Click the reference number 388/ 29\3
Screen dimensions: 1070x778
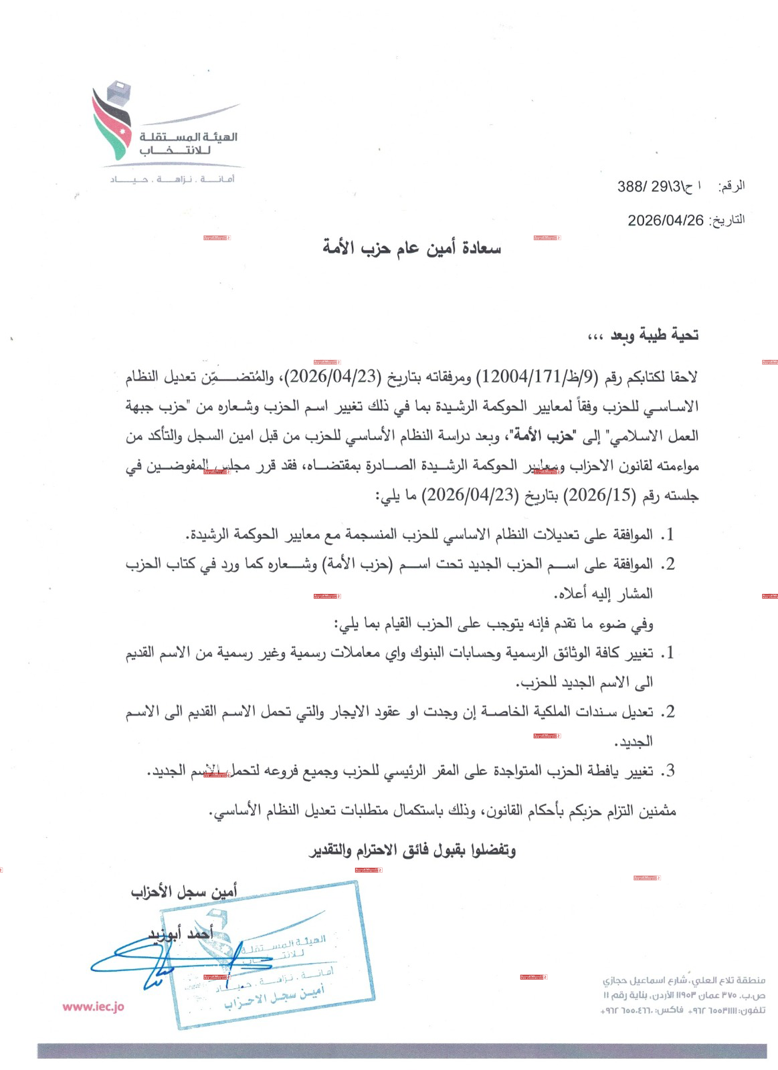[x=653, y=187]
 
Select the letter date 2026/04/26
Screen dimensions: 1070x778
[x=666, y=220]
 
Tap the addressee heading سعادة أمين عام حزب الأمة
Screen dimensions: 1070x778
[x=411, y=249]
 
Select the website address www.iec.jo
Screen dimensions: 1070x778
[x=94, y=1006]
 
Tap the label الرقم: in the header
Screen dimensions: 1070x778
[x=731, y=187]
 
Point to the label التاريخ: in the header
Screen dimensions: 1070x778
[x=726, y=220]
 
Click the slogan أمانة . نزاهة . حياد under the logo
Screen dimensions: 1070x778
[x=173, y=179]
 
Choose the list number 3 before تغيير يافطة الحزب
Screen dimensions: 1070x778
[x=667, y=771]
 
